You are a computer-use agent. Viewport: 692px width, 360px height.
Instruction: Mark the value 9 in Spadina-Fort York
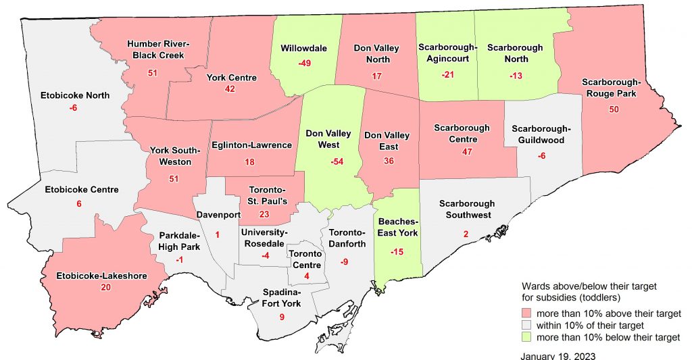coord(282,317)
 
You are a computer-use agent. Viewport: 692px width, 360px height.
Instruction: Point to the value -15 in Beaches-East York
coord(397,251)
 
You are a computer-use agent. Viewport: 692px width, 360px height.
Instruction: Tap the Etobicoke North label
coord(74,95)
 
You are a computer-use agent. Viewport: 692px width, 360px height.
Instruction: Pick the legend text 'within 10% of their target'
coord(590,326)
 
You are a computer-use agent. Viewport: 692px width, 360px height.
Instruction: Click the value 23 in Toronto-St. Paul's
coord(264,214)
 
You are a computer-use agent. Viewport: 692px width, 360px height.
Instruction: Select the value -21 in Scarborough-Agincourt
coord(447,74)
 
